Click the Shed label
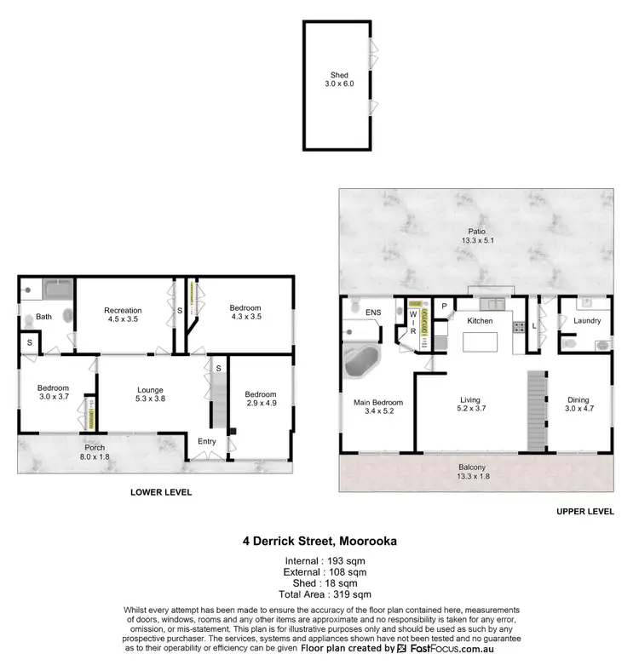[x=339, y=75]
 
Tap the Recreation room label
[x=123, y=310]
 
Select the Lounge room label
[x=151, y=390]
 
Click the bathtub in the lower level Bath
[x=57, y=290]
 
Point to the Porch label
[x=95, y=446]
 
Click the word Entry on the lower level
[x=206, y=441]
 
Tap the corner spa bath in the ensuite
[x=362, y=364]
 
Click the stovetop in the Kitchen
[x=519, y=325]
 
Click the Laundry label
[x=587, y=321]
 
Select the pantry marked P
[x=444, y=306]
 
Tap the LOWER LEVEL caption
[x=160, y=492]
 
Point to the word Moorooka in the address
[x=369, y=539]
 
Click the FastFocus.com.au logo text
[x=452, y=648]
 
